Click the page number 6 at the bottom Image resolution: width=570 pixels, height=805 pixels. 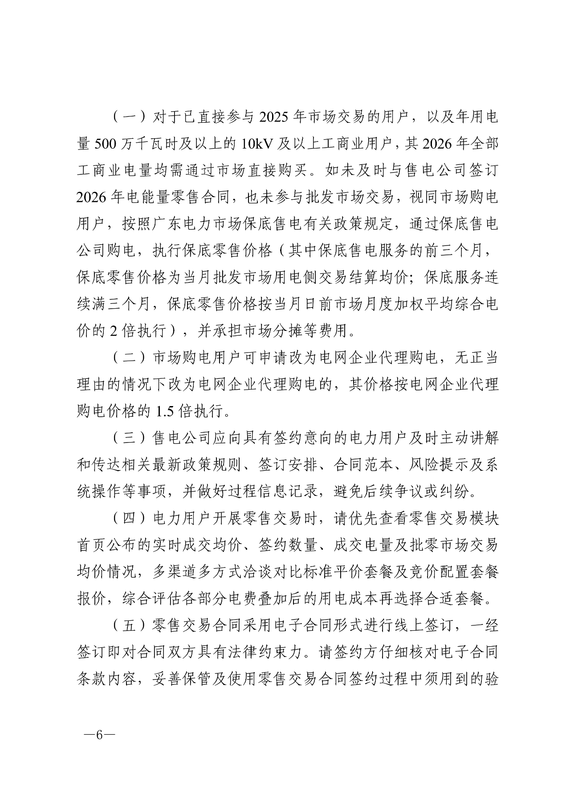tap(99, 734)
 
